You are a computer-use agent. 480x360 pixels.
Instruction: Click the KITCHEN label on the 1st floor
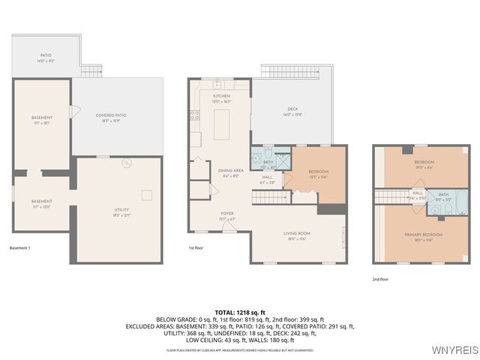pos(221,97)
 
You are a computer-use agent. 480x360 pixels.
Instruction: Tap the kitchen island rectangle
pos(221,124)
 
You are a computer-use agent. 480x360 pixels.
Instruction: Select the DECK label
pos(292,110)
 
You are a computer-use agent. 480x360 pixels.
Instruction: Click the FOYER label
pos(226,214)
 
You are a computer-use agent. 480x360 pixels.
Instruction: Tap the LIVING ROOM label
pos(297,234)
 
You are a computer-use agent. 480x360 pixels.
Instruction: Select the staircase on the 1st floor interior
pos(270,197)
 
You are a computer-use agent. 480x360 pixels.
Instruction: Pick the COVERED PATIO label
pos(110,116)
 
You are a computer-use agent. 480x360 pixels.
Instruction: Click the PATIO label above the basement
pos(46,56)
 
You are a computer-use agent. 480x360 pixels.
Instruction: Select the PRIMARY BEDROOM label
pos(424,235)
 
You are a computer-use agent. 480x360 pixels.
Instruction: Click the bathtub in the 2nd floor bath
pos(460,201)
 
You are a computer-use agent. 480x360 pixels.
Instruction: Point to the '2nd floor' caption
pos(380,279)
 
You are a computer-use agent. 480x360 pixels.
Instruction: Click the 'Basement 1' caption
pos(20,248)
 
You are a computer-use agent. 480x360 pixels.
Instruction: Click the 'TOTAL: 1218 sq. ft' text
pos(240,312)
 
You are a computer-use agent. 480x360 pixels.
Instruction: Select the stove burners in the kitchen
pos(195,115)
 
